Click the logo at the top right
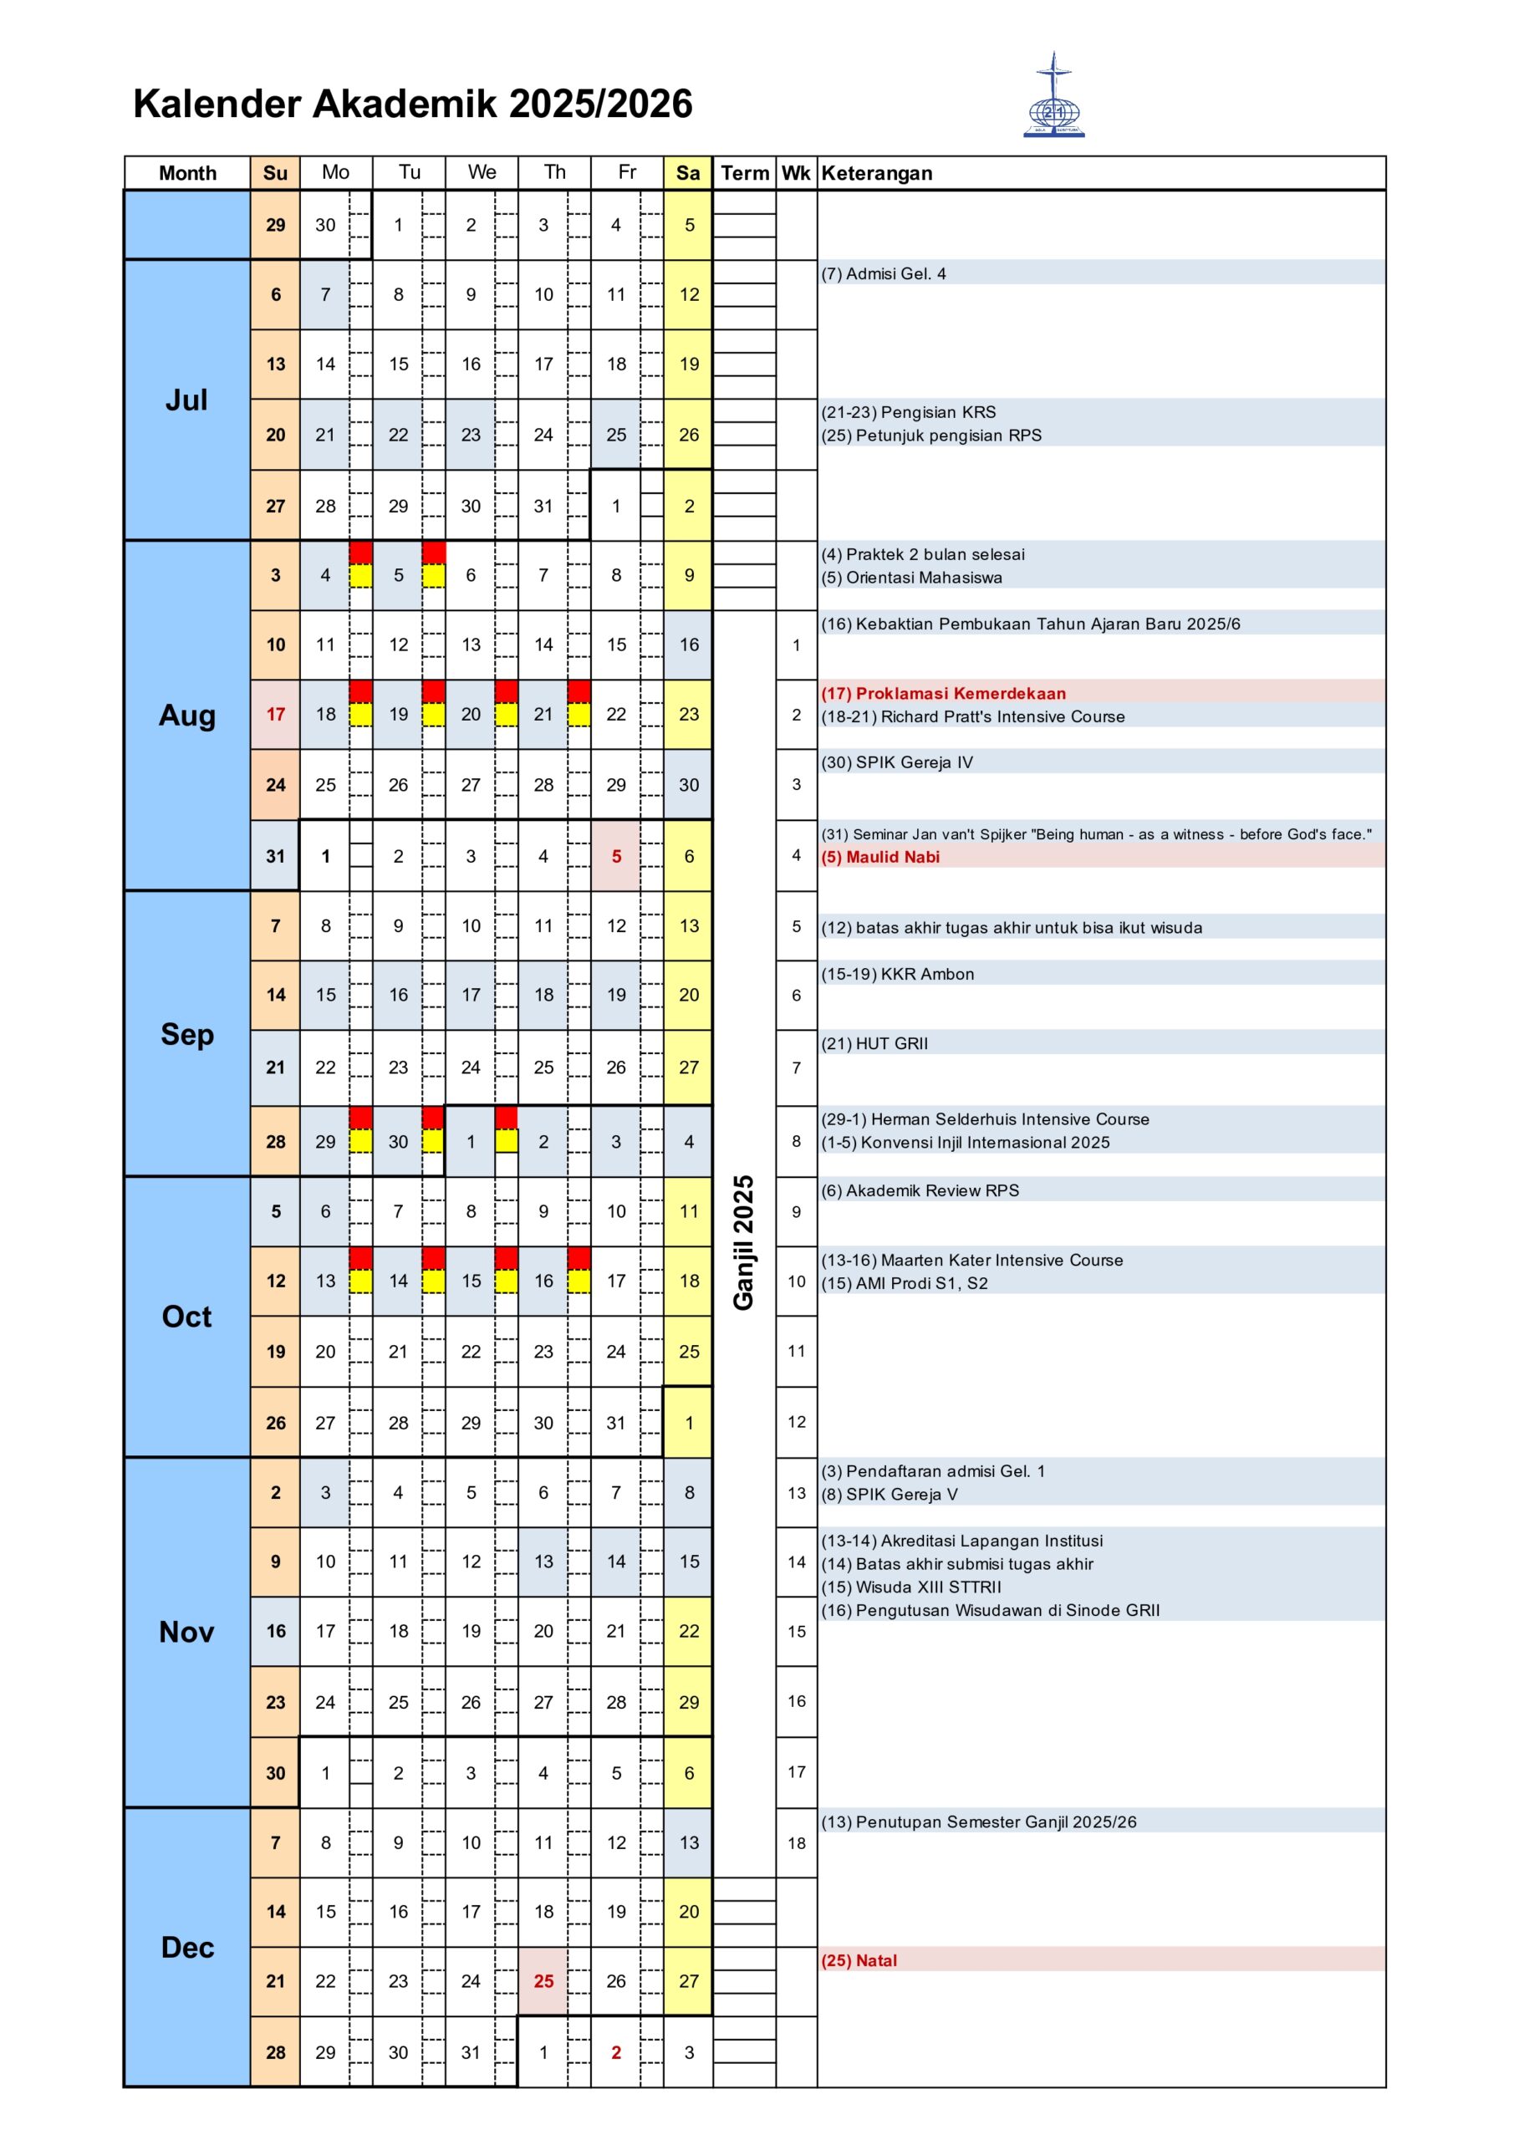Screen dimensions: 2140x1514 pos(1053,96)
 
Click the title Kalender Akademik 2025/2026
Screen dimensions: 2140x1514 pos(412,104)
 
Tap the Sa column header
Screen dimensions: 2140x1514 pos(688,173)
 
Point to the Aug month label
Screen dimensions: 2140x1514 pos(186,716)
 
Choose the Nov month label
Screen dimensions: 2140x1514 pos(186,1632)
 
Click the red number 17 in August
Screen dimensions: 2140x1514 pos(275,715)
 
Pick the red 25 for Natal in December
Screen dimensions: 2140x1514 pos(543,1981)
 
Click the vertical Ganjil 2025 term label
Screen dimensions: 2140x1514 pos(743,1242)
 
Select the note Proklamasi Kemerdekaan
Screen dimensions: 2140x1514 pos(944,694)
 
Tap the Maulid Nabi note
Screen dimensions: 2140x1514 pos(881,858)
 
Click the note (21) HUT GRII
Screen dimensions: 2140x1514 pos(874,1044)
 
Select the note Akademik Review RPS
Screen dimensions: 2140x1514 pos(920,1191)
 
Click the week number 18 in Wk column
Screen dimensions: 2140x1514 pos(796,1843)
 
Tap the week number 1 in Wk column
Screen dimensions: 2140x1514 pos(796,645)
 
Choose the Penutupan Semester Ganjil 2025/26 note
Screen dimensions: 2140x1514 pos(979,1822)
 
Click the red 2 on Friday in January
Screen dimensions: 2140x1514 pos(615,2052)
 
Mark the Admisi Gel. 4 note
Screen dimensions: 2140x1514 pos(884,274)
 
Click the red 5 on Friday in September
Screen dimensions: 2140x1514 pos(615,857)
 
